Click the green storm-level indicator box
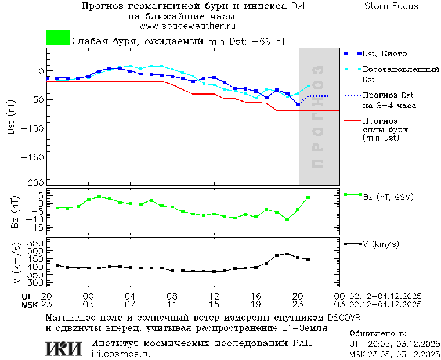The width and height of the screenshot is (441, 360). pyautogui.click(x=58, y=38)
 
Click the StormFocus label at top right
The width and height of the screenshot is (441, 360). pyautogui.click(x=391, y=6)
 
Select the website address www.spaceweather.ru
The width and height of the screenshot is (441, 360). pyautogui.click(x=187, y=26)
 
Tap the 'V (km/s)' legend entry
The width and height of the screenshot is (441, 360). pyautogui.click(x=381, y=244)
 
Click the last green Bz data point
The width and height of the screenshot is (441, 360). pyautogui.click(x=308, y=197)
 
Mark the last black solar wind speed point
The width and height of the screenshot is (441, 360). pyautogui.click(x=308, y=259)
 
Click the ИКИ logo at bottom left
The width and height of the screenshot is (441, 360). pyautogui.click(x=64, y=348)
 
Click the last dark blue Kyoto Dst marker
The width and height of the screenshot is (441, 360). pyautogui.click(x=298, y=105)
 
